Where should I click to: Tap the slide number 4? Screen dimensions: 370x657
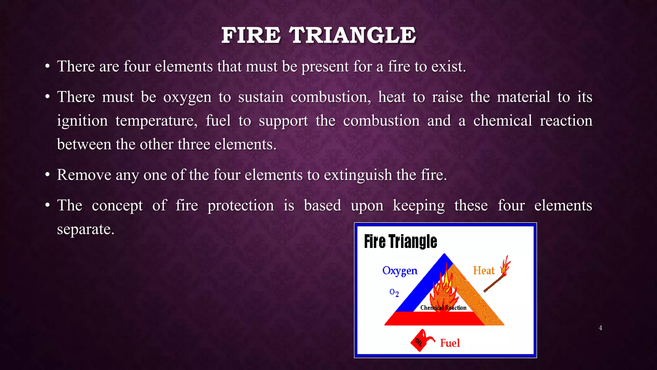point(600,328)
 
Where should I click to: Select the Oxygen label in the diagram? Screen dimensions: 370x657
point(400,271)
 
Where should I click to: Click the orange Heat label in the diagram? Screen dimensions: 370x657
point(484,270)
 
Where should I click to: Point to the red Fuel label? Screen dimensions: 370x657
point(450,343)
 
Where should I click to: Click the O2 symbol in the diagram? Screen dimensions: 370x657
point(394,292)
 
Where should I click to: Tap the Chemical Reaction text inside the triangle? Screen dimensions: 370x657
point(443,308)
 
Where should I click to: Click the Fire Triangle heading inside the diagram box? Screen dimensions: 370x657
point(400,242)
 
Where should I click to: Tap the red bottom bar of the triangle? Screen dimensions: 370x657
point(433,319)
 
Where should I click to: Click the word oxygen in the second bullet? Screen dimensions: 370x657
point(187,97)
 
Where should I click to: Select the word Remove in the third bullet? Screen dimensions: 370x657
point(84,175)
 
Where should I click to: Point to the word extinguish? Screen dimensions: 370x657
point(358,175)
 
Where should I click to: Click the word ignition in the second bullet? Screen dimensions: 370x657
point(82,121)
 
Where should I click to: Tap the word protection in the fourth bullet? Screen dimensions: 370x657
point(241,206)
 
